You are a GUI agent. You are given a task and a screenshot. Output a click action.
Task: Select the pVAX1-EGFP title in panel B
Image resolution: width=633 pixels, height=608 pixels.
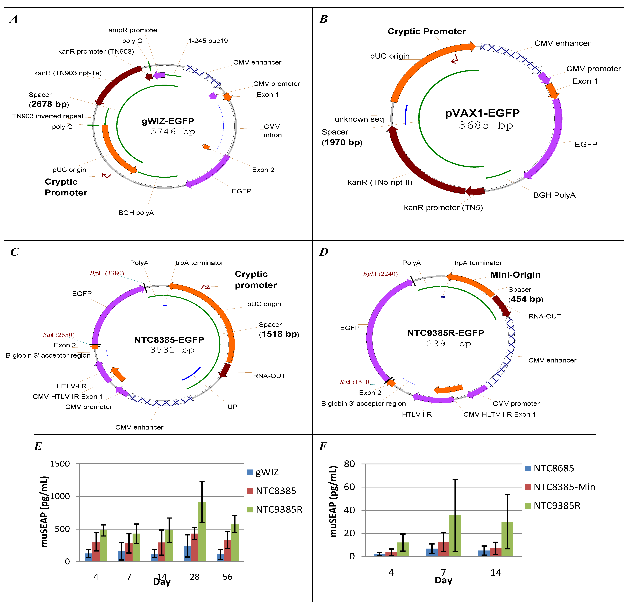(x=482, y=113)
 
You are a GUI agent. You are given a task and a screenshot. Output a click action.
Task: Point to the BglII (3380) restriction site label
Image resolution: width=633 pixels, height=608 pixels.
(x=107, y=273)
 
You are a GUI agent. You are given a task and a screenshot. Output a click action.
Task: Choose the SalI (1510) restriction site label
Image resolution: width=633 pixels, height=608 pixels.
(x=356, y=382)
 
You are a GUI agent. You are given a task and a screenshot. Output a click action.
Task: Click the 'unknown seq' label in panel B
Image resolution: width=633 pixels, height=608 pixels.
(x=359, y=119)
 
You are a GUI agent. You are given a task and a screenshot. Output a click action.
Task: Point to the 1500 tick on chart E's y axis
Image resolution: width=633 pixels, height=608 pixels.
(x=60, y=464)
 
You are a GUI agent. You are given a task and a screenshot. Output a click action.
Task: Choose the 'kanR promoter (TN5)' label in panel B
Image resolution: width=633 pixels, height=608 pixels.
(x=443, y=207)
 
